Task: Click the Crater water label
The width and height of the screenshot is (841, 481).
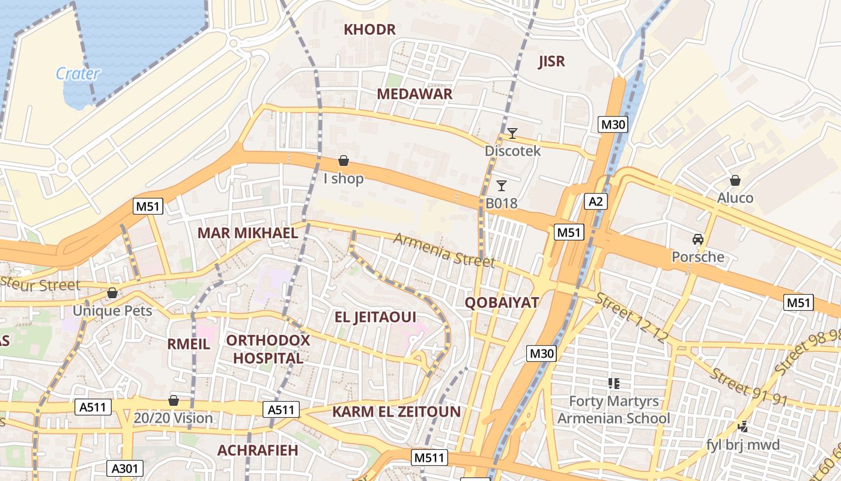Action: [77, 73]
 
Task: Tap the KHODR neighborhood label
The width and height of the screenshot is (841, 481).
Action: [369, 29]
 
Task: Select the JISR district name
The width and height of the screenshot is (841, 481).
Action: [551, 61]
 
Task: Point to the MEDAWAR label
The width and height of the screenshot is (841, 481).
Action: [414, 94]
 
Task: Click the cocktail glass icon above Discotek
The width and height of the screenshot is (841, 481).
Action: [512, 133]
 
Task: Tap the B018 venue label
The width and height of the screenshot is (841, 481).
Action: [501, 203]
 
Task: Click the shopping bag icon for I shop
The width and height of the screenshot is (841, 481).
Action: [344, 161]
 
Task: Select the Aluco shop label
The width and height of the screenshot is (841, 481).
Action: [735, 198]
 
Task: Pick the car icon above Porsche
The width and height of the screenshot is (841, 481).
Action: [697, 239]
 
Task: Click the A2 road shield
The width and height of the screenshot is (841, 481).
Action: [595, 201]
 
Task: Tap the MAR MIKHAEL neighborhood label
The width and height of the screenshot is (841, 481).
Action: [247, 233]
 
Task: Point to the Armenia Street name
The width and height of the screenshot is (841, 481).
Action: [444, 250]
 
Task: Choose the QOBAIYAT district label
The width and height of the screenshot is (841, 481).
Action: [502, 302]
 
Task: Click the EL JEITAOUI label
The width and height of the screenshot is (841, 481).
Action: [375, 317]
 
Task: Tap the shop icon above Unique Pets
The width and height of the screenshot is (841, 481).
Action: [112, 293]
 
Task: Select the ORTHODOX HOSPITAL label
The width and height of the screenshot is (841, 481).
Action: [268, 349]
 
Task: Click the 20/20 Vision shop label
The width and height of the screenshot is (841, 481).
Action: [173, 418]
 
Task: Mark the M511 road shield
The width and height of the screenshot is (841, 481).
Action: [430, 458]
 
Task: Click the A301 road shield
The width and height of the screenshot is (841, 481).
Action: [125, 468]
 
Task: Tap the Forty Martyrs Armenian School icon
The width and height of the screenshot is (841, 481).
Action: [613, 383]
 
